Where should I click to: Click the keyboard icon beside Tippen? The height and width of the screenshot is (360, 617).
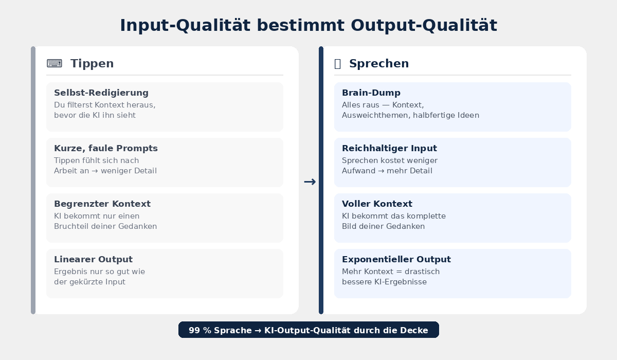point(55,63)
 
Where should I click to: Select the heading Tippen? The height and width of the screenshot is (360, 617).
point(92,64)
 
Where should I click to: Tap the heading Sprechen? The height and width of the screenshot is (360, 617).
point(379,64)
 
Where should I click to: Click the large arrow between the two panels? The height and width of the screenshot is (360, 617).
point(310,182)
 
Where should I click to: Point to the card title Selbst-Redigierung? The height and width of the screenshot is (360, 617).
point(101,93)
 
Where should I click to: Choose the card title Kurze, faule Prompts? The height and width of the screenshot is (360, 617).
point(106,148)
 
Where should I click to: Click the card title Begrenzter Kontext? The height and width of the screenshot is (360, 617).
point(102,204)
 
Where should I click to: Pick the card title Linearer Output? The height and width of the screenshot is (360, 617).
point(94,260)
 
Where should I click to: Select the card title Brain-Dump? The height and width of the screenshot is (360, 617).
point(371,93)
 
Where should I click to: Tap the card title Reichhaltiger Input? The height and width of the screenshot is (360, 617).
point(390,148)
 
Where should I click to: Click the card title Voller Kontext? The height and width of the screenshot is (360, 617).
point(377,204)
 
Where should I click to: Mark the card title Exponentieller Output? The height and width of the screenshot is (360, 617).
point(396,260)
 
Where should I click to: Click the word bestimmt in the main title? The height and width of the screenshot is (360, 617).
point(300,25)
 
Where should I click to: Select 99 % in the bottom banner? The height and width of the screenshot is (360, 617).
point(199,330)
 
